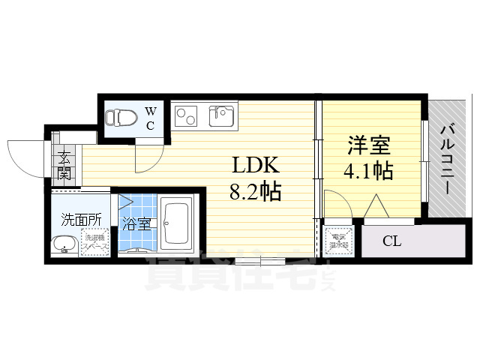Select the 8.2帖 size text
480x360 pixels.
pos(255,192)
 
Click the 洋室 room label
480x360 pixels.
pos(368,144)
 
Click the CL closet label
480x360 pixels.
pos(391,241)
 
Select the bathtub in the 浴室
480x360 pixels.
pos(178,222)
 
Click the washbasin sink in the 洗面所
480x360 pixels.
pos(63,244)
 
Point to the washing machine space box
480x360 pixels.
pos(95,243)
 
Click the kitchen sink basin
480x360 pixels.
pos(222,116)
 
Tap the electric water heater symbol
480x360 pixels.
pos(339,241)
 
